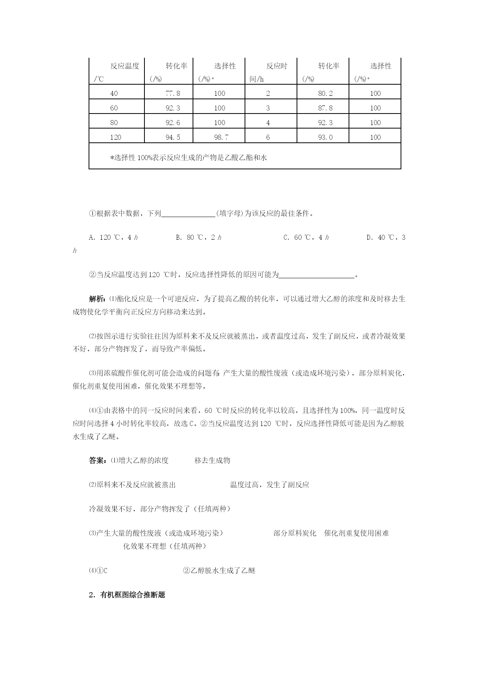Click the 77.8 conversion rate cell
click(x=173, y=93)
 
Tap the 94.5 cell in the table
click(x=173, y=137)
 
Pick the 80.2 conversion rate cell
click(x=325, y=93)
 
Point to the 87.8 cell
click(x=325, y=108)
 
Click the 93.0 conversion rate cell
click(x=325, y=137)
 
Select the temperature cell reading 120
click(x=115, y=137)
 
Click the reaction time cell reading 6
click(x=268, y=137)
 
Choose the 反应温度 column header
click(x=124, y=66)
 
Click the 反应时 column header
click(x=277, y=66)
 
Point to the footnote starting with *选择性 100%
click(x=188, y=157)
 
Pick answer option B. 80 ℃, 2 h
click(x=198, y=237)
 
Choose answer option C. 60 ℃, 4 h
click(x=306, y=237)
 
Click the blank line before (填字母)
click(x=188, y=214)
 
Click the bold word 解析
click(x=96, y=299)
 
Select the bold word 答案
click(x=96, y=460)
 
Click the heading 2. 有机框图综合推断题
click(x=127, y=595)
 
